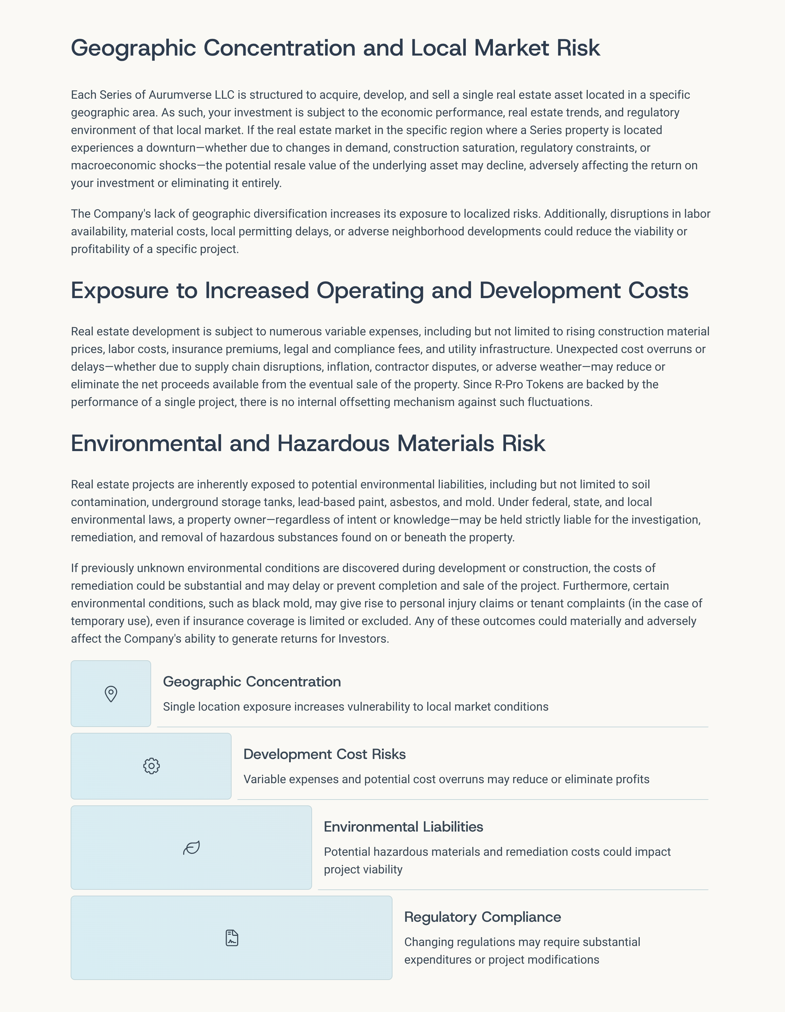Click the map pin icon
click(111, 694)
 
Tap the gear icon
click(151, 766)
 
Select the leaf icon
click(191, 848)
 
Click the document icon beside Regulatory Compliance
click(232, 937)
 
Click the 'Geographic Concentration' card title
click(252, 682)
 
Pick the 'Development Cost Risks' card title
click(324, 754)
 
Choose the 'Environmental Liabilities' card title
click(403, 827)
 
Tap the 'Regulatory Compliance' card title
click(482, 917)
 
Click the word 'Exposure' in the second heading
click(120, 291)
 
